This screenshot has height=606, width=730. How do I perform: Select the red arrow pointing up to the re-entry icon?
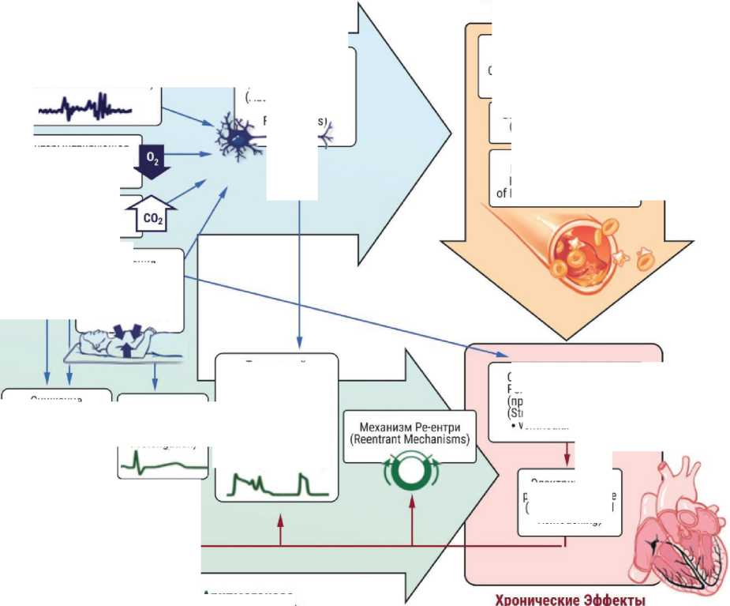[x=411, y=521]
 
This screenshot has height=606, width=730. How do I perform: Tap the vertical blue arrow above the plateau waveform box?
[x=300, y=277]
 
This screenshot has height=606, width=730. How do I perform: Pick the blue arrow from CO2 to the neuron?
[x=189, y=193]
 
